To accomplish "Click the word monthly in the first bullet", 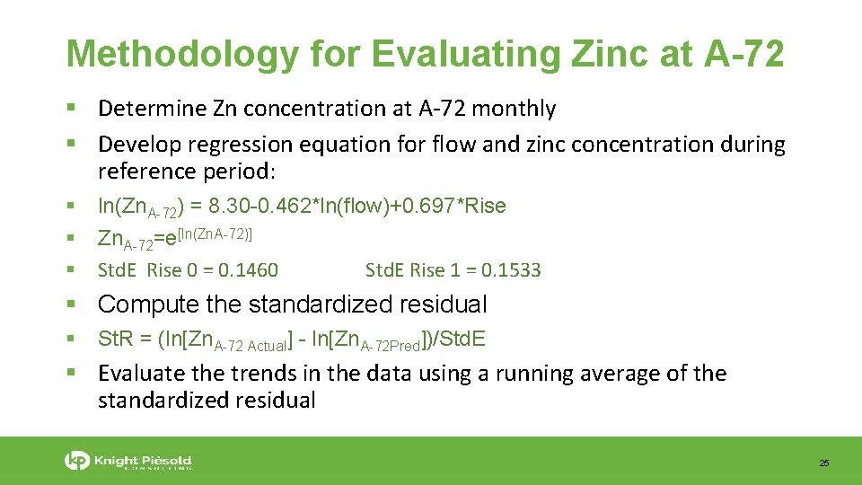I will coord(514,109).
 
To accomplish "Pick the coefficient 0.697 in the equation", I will coord(428,207).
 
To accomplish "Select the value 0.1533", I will coord(511,270).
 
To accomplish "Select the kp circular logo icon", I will coord(77,461).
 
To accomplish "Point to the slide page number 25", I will coord(823,463).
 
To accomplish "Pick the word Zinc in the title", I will coord(619,54).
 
